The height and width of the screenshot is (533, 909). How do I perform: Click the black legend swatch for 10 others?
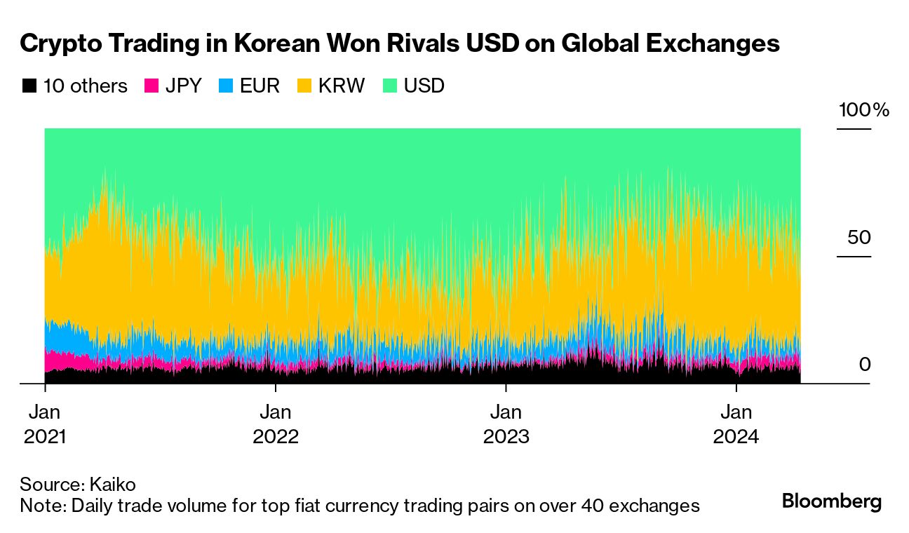point(29,86)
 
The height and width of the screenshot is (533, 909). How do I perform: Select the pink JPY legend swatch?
point(151,86)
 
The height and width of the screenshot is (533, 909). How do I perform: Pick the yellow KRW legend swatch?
point(305,86)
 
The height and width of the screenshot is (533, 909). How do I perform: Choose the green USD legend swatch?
point(391,86)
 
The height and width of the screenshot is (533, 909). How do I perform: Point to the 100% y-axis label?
point(863,110)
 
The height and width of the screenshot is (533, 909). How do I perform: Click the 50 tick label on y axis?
point(858,238)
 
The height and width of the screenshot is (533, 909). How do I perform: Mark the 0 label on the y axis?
point(864,365)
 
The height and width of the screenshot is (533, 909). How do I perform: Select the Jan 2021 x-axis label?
point(45,424)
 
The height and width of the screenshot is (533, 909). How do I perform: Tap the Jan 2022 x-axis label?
point(276,424)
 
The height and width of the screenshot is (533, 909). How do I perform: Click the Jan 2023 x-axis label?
point(506,424)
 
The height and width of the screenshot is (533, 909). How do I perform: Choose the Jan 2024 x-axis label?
point(736,424)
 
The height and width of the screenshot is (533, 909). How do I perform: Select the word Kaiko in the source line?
point(113,485)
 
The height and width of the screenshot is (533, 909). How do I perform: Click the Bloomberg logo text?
point(832,502)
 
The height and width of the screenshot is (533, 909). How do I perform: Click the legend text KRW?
point(342,86)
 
